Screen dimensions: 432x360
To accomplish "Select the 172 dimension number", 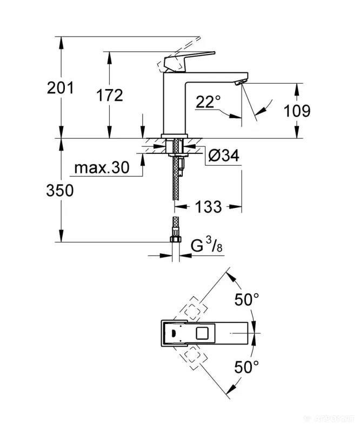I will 110,95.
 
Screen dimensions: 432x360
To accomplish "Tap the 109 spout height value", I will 297,111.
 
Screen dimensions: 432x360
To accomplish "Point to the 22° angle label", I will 208,101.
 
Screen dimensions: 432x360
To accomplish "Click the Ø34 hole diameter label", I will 223,157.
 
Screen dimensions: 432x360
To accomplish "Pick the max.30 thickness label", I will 102,168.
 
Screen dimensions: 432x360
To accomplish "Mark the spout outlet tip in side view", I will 239,82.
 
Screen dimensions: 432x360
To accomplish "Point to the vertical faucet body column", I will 175,103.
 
